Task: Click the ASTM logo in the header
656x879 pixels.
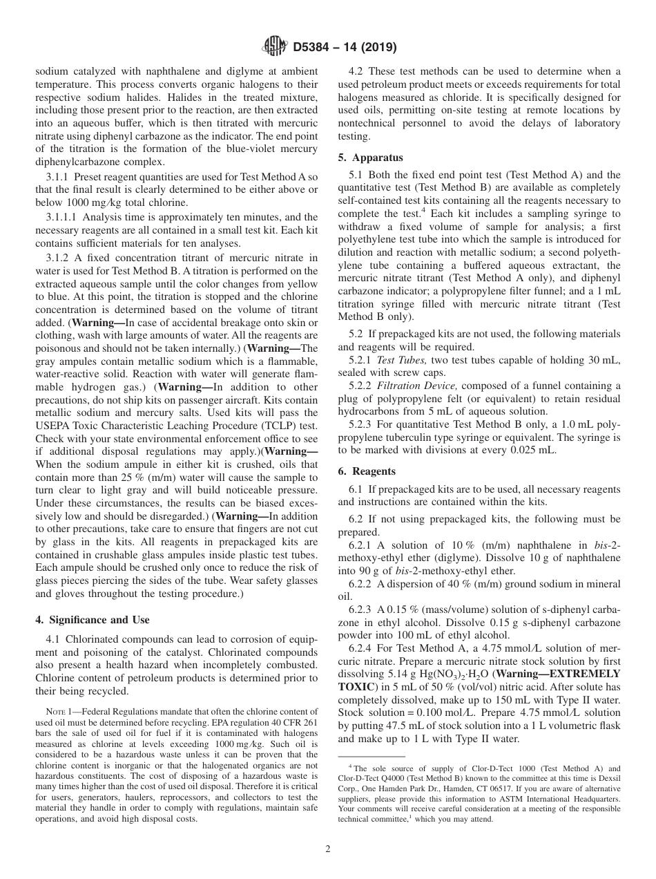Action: pyautogui.click(x=275, y=48)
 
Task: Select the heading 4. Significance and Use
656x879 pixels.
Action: pyautogui.click(x=92, y=620)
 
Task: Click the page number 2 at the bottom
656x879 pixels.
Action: pyautogui.click(x=327, y=849)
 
